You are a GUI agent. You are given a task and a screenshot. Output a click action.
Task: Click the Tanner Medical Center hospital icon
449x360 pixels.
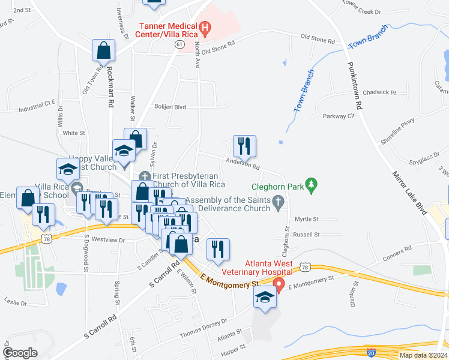(205, 27)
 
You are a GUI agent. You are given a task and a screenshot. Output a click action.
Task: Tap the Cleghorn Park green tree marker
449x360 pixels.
(311, 186)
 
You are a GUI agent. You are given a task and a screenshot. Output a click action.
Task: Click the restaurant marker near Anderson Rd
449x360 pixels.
(244, 146)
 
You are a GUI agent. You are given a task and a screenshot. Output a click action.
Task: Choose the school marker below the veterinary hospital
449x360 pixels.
(265, 299)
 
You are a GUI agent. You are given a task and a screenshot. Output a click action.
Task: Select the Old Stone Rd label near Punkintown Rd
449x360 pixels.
(318, 40)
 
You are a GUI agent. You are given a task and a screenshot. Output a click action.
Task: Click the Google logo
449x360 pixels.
(20, 353)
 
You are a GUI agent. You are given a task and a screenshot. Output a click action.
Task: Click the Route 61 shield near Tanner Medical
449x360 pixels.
(180, 44)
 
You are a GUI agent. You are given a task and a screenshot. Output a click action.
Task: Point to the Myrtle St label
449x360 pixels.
(306, 220)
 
